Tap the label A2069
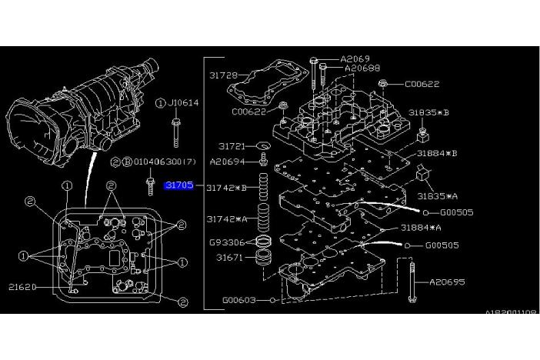pyautogui.click(x=355, y=58)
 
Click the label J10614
pyautogui.click(x=184, y=102)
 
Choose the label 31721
pyautogui.click(x=232, y=145)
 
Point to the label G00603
pyautogui.click(x=239, y=300)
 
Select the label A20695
pyautogui.click(x=447, y=282)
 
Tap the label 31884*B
pyautogui.click(x=438, y=153)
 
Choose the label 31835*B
pyautogui.click(x=428, y=112)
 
